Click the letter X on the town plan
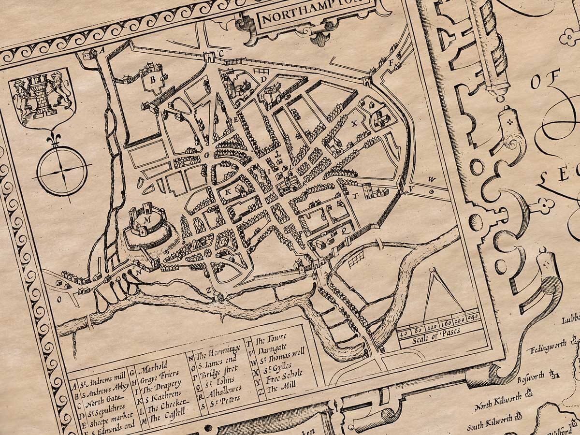point(354,123)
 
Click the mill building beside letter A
point(88,55)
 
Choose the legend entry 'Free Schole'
point(285,375)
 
